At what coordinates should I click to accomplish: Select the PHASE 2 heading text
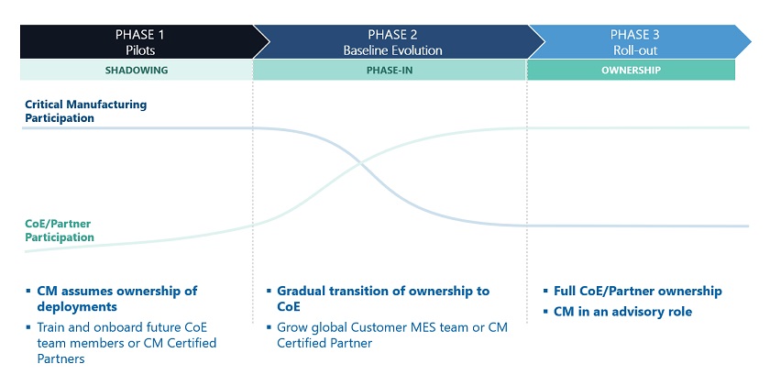point(391,34)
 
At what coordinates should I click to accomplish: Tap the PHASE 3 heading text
point(635,34)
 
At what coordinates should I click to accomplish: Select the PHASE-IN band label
point(390,70)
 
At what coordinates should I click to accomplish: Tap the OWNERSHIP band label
point(631,70)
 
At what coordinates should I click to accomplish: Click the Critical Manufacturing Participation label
point(85,111)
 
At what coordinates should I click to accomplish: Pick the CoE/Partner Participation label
point(60,231)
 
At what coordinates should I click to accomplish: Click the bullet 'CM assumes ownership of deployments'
point(116,299)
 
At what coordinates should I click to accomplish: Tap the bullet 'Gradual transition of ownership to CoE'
point(382,299)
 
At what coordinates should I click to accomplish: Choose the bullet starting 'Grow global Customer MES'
point(391,335)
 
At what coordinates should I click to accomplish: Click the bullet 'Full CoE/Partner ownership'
point(637,292)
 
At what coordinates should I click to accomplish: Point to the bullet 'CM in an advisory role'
point(622,312)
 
